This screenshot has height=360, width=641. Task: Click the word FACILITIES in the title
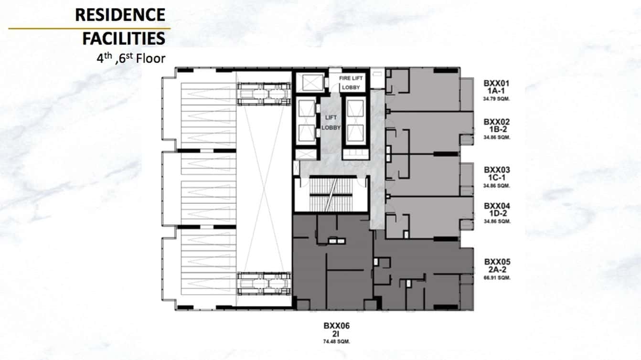(124, 38)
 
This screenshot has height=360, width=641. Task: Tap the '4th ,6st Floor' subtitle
(130, 58)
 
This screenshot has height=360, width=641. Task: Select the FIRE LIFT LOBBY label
(351, 83)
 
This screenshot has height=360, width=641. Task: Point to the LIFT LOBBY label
(331, 123)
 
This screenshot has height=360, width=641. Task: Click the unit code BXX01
(496, 83)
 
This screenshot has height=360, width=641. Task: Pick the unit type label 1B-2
(496, 129)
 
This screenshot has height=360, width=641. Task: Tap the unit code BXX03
(497, 169)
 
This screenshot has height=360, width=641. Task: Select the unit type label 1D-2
(497, 213)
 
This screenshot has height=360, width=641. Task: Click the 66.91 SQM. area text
(497, 277)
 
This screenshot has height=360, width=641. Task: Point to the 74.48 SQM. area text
(336, 341)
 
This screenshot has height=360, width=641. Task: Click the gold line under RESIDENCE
(89, 28)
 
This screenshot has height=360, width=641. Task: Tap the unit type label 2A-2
(497, 270)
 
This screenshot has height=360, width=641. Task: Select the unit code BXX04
(497, 206)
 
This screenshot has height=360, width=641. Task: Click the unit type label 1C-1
(497, 177)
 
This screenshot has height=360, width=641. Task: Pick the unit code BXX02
(496, 122)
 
